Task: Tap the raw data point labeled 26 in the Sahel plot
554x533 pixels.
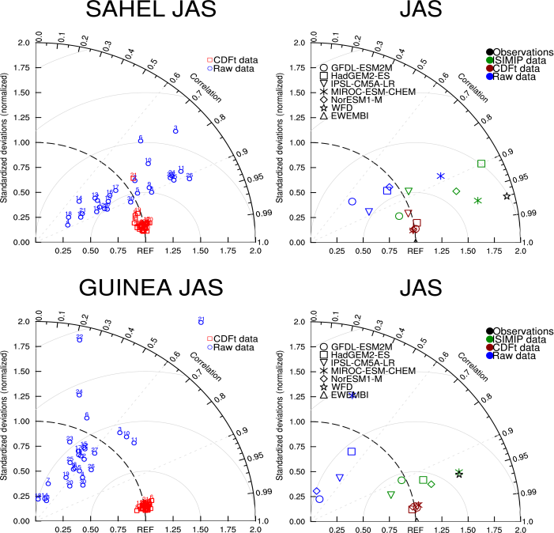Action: tap(190, 178)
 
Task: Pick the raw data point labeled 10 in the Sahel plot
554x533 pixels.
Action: tap(148, 163)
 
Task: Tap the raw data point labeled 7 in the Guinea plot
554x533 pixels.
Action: tap(48, 482)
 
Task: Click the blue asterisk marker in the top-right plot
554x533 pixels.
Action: tap(441, 176)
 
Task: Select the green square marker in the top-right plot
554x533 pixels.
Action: tap(481, 164)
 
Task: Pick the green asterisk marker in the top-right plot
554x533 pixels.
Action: tap(477, 201)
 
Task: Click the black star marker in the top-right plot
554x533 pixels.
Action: tap(507, 196)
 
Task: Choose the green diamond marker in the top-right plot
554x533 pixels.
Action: tap(456, 191)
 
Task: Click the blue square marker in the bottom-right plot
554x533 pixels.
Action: tap(352, 452)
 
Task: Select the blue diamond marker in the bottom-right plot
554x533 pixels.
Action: tap(317, 491)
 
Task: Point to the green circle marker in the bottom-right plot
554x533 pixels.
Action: tap(401, 480)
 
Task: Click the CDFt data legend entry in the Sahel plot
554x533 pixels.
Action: tap(228, 59)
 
